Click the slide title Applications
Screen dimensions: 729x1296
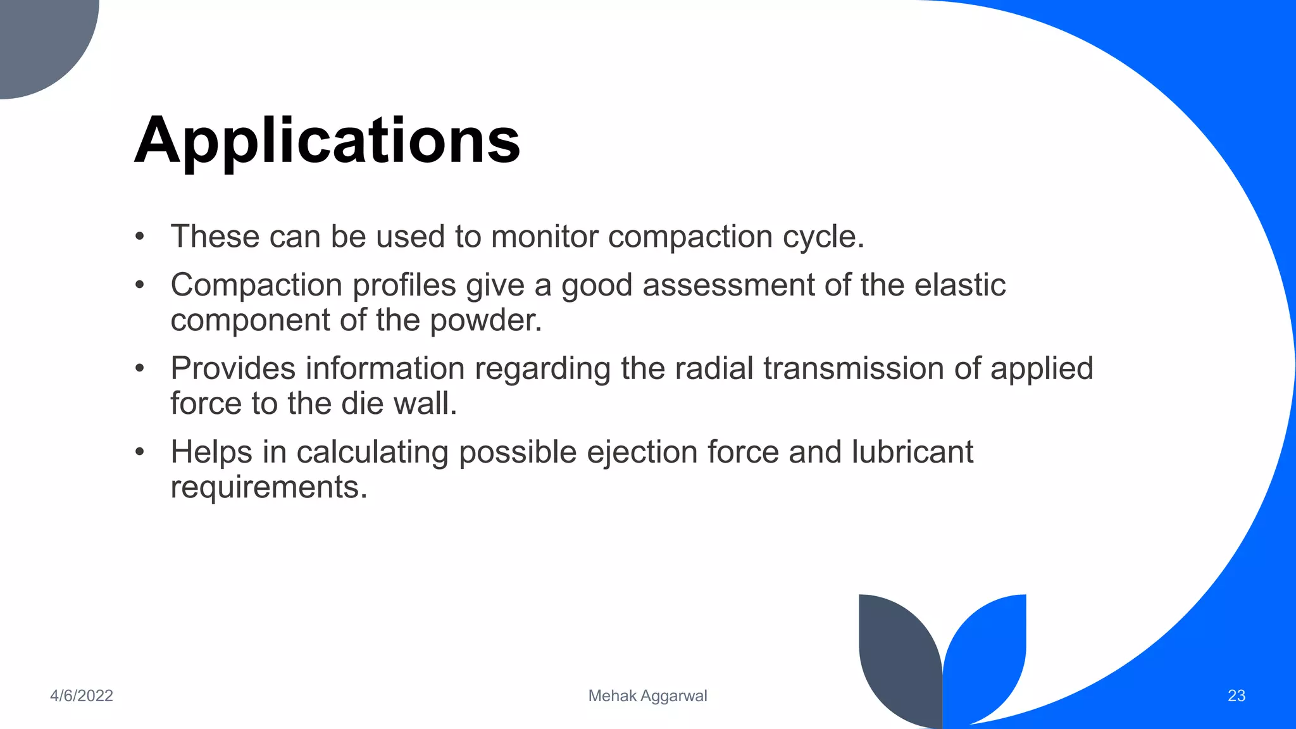point(327,140)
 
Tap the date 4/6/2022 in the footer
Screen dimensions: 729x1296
point(82,695)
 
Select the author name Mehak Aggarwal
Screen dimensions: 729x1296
point(647,695)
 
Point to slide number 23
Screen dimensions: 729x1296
point(1236,695)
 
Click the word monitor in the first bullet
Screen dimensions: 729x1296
point(544,237)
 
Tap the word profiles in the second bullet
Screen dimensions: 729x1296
point(404,285)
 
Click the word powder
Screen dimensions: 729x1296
point(485,320)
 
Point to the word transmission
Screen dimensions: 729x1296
point(854,368)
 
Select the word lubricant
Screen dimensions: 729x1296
point(912,452)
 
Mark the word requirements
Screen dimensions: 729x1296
point(268,487)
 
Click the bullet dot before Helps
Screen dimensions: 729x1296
point(140,452)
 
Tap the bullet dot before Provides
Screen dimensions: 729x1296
point(140,368)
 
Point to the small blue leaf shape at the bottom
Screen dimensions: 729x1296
point(987,652)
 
